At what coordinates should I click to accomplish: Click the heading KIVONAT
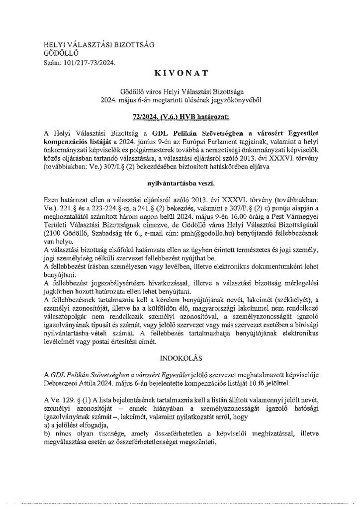pos(180,74)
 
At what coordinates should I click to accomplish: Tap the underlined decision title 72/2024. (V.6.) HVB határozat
pos(180,116)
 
